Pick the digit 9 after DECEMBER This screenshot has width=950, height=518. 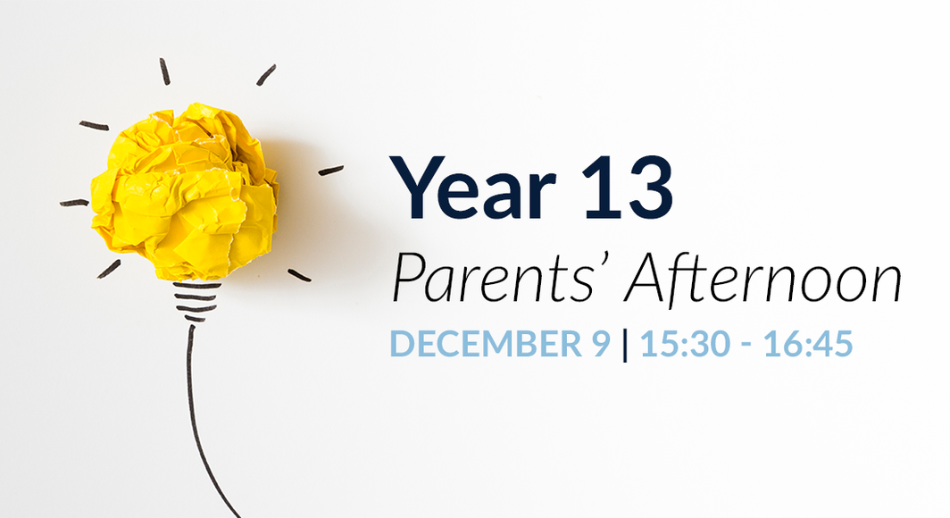pos(600,344)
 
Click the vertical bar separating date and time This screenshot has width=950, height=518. pos(625,345)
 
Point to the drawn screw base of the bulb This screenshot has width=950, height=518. pos(196,302)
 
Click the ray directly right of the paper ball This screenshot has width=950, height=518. pos(330,170)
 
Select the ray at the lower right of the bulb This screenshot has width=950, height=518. pos(299,275)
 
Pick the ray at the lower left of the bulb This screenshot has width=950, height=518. pos(109,268)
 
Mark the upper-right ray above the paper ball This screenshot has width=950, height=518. pos(266,75)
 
